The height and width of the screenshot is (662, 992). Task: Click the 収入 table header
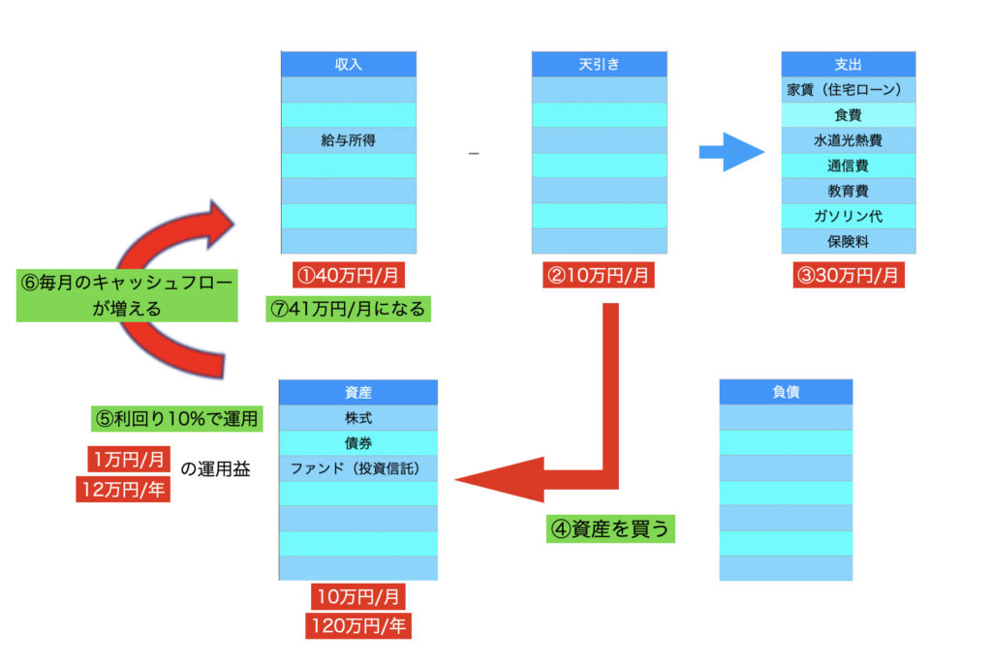click(348, 64)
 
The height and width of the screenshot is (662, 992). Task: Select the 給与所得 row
click(348, 140)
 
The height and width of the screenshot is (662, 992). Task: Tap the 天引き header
click(599, 64)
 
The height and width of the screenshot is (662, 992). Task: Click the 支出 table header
click(849, 64)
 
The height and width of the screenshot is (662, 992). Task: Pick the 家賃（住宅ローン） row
click(849, 90)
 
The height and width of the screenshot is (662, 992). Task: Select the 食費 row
click(849, 115)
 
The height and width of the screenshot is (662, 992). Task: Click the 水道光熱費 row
click(849, 140)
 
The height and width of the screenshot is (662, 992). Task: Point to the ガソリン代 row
click(849, 216)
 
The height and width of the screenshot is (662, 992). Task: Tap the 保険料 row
click(849, 241)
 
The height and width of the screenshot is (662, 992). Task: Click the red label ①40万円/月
click(349, 275)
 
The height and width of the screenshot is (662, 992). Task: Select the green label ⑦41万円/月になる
click(349, 309)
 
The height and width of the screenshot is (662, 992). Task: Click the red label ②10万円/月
click(599, 275)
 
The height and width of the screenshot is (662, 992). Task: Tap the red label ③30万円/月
click(850, 275)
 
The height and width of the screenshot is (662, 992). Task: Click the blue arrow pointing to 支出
click(731, 151)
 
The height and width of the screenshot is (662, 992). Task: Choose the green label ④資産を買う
click(610, 529)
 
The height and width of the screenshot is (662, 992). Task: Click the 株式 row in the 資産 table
click(357, 418)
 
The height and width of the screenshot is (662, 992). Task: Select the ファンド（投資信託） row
click(357, 468)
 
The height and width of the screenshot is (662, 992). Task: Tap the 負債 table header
click(786, 392)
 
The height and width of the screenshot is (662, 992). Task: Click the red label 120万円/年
click(358, 626)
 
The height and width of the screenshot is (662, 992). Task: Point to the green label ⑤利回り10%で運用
click(174, 419)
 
